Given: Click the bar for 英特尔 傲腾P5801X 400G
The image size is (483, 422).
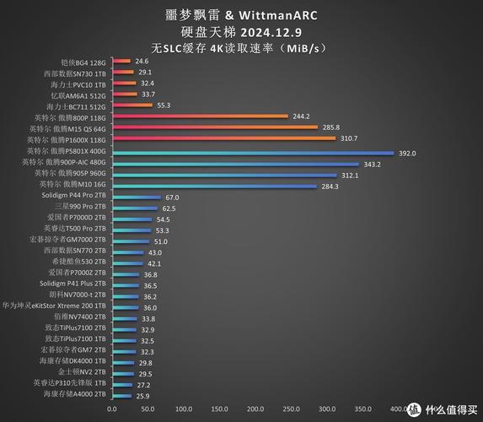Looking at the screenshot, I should (x=253, y=153).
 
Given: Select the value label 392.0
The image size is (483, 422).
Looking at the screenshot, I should (x=408, y=153).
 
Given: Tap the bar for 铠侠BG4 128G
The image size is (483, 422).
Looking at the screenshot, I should (x=121, y=62).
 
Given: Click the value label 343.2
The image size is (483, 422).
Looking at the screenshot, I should (x=372, y=164).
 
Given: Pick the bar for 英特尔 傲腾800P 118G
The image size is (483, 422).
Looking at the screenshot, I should (x=200, y=116).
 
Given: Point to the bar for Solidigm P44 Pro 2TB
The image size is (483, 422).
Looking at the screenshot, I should (x=136, y=197).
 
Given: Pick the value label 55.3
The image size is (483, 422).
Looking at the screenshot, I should (x=164, y=105).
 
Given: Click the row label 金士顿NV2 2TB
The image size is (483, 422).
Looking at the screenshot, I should (x=82, y=371).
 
